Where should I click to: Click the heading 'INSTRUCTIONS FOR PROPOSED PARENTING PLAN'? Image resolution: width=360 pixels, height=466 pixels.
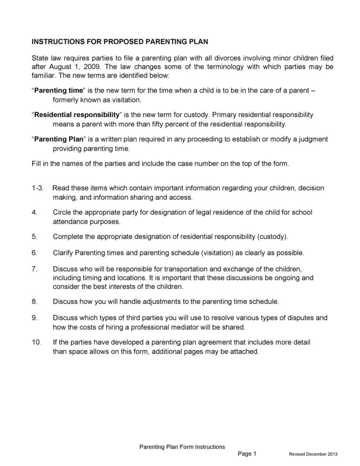[x=119, y=41]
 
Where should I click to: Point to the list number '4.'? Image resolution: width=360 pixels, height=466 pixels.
[x=34, y=212]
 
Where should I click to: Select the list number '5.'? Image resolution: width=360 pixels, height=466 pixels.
[x=34, y=237]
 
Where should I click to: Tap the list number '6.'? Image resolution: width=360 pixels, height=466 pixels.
[x=34, y=253]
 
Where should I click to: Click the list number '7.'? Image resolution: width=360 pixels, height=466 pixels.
[x=34, y=269]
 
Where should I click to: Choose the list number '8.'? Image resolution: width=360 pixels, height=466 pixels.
[x=34, y=301]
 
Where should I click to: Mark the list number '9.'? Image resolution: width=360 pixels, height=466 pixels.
[x=34, y=318]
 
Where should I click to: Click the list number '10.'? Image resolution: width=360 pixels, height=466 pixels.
[x=36, y=342]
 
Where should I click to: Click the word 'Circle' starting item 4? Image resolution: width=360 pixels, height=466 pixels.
[x=62, y=212]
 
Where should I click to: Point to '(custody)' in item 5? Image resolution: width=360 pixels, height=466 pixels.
[x=272, y=237]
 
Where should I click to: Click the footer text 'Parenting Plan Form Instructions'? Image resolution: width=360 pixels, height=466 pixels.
[x=182, y=447]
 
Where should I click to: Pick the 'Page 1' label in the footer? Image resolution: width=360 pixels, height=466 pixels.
[x=247, y=454]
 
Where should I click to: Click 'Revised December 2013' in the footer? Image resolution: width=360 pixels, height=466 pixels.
[x=313, y=455]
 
